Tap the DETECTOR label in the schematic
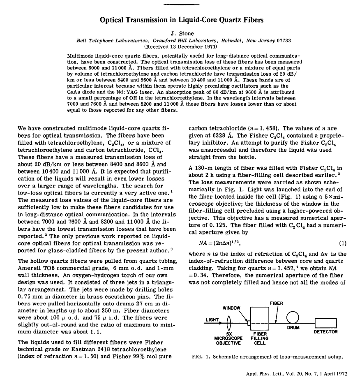pyautogui.click(x=325, y=331)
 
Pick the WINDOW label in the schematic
pyautogui.click(x=231, y=308)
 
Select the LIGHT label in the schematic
pyautogui.click(x=212, y=318)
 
